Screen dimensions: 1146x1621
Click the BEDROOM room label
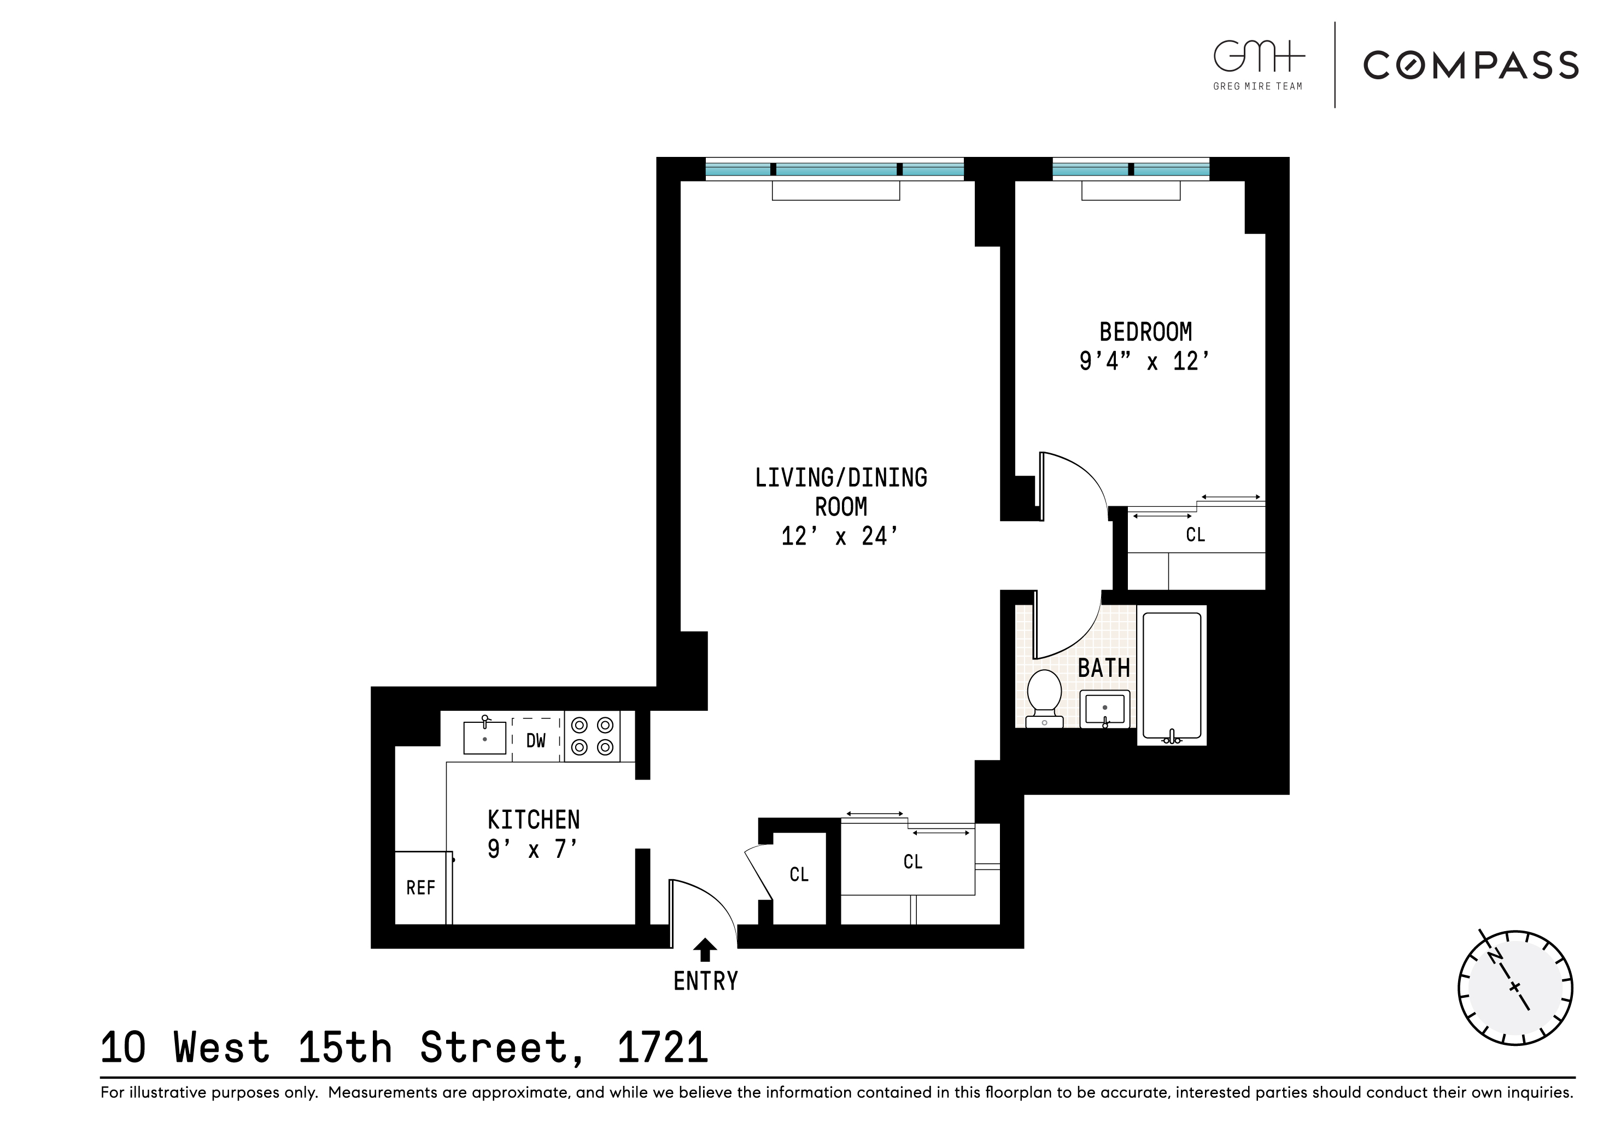point(1145,332)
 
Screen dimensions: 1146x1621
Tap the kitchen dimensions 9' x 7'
point(532,849)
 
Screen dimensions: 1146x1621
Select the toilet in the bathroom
point(1044,698)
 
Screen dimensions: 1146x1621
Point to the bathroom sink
point(1104,708)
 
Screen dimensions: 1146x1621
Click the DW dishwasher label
point(536,741)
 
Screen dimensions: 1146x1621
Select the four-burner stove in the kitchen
point(592,736)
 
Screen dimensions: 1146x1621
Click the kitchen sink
point(485,737)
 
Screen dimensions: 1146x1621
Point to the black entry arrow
point(705,949)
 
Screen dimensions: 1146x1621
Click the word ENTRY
point(705,981)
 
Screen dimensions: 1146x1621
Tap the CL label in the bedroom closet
point(1195,535)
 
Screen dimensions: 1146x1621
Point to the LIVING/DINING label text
point(841,478)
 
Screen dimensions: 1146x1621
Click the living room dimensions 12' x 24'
point(839,536)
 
